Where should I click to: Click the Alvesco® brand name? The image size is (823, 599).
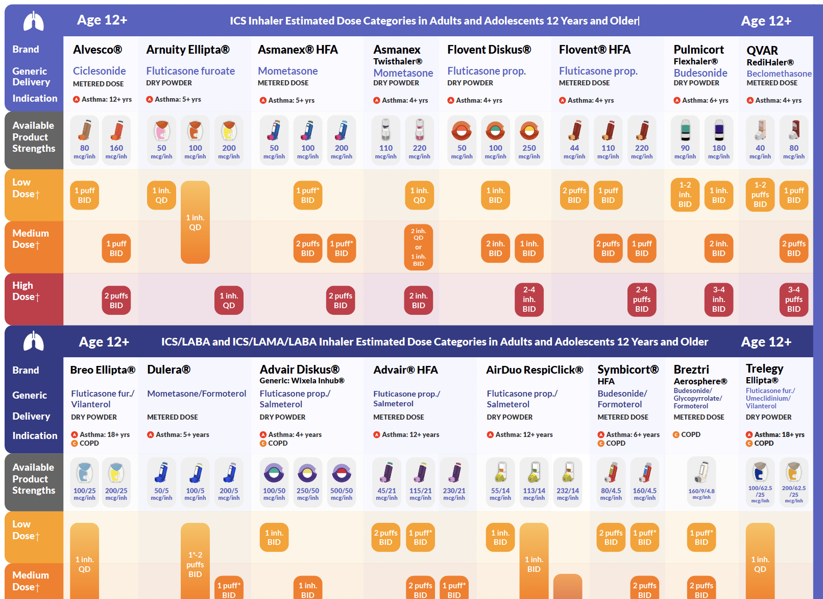[x=97, y=50]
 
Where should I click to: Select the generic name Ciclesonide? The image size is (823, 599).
[x=99, y=71]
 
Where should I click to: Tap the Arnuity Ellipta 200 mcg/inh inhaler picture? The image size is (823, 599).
[x=229, y=131]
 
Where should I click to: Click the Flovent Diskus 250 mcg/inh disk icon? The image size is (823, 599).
[x=529, y=131]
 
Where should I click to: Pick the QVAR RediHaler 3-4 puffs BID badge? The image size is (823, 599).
[x=793, y=299]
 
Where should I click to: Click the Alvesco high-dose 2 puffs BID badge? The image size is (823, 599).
[x=116, y=301]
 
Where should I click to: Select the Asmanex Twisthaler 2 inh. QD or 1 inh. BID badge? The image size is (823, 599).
[x=418, y=247]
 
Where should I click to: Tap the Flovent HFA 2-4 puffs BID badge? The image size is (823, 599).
[x=642, y=299]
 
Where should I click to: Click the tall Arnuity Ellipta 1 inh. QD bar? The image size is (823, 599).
[x=195, y=222]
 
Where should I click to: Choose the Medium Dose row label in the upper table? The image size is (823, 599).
[x=31, y=239]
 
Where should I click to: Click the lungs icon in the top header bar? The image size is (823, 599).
[x=34, y=21]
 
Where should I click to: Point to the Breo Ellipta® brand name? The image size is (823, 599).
[x=103, y=370]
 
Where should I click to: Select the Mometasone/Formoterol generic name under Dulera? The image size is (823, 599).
[x=197, y=394]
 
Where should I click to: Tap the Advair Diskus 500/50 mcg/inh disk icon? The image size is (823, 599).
[x=342, y=473]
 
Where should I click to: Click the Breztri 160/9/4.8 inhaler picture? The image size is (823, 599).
[x=701, y=472]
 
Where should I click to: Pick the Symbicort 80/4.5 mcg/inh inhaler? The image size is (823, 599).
[x=611, y=473]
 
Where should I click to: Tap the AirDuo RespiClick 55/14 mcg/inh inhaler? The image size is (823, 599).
[x=500, y=472]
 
